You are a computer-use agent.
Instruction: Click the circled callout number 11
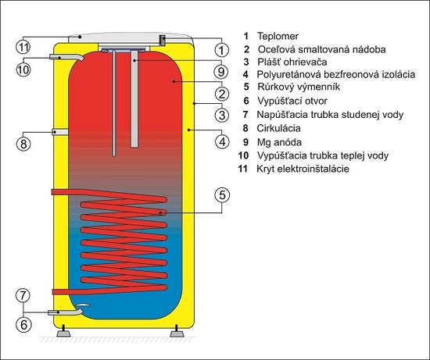[x=23, y=48]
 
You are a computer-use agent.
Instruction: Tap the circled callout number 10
[x=23, y=70]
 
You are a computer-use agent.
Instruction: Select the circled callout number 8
[x=23, y=143]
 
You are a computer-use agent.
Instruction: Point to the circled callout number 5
[x=222, y=195]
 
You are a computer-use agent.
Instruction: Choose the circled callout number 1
[x=221, y=50]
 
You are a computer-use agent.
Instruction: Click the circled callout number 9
[x=221, y=72]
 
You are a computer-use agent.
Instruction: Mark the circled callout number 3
[x=221, y=115]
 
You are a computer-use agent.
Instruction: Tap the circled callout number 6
[x=23, y=325]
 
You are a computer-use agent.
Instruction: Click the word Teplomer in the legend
[x=278, y=36]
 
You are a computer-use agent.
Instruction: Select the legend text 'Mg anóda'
[x=279, y=142]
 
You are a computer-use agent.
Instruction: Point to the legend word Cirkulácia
[x=278, y=128]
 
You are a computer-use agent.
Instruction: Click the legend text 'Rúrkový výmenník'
[x=299, y=87]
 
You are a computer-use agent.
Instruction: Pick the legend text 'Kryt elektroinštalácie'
[x=303, y=169]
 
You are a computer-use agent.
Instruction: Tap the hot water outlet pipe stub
[x=66, y=57]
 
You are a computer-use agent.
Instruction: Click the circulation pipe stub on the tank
[x=60, y=132]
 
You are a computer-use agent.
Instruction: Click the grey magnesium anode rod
[x=134, y=99]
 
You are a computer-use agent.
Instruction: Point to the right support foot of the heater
[x=177, y=331]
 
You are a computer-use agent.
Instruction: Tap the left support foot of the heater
[x=63, y=331]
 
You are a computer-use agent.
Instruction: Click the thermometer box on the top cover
[x=163, y=41]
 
